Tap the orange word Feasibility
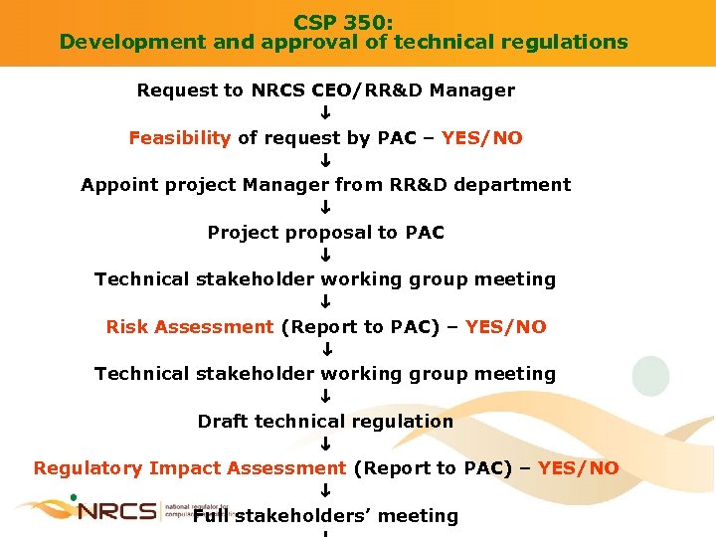pos(180,138)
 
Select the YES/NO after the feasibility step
pos(482,138)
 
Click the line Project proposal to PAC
pos(325,233)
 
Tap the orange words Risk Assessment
pos(189,327)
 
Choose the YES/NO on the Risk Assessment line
pos(505,327)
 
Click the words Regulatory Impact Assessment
pos(189,468)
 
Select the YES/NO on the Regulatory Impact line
pos(578,468)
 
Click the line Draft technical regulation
pos(325,422)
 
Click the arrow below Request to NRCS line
pos(325,114)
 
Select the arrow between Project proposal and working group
pos(325,257)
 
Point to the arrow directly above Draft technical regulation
pos(325,398)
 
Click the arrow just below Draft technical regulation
pos(325,445)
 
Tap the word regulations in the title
pos(569,42)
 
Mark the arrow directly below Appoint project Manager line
pos(325,209)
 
